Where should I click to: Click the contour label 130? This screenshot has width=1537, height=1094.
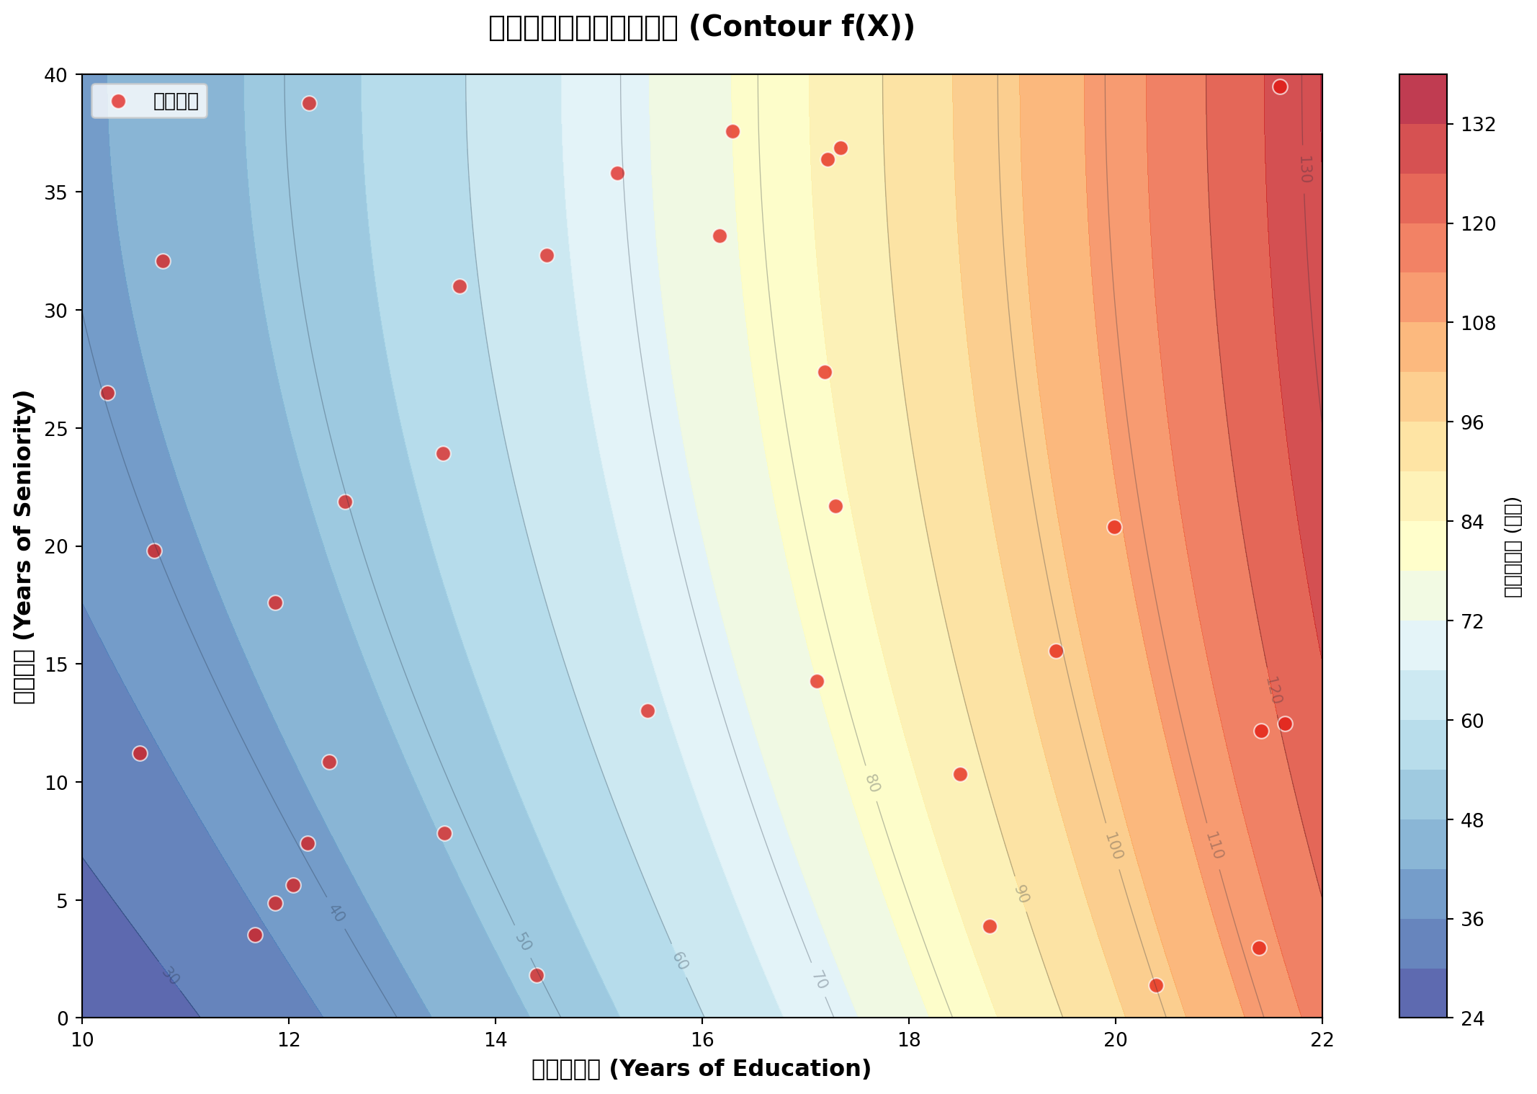(1305, 169)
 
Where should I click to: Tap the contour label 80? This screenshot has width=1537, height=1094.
(872, 783)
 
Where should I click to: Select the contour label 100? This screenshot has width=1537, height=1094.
(1113, 845)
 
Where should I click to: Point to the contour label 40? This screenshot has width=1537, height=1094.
(336, 913)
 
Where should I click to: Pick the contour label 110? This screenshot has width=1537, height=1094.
(1214, 845)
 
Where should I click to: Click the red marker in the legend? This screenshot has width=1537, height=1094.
(119, 101)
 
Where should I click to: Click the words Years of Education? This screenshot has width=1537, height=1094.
(740, 1069)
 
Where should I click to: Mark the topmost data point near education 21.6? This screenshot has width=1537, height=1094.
(1280, 87)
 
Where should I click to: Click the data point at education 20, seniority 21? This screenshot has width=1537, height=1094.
(1114, 527)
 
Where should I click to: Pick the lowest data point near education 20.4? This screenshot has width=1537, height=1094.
(1156, 985)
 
